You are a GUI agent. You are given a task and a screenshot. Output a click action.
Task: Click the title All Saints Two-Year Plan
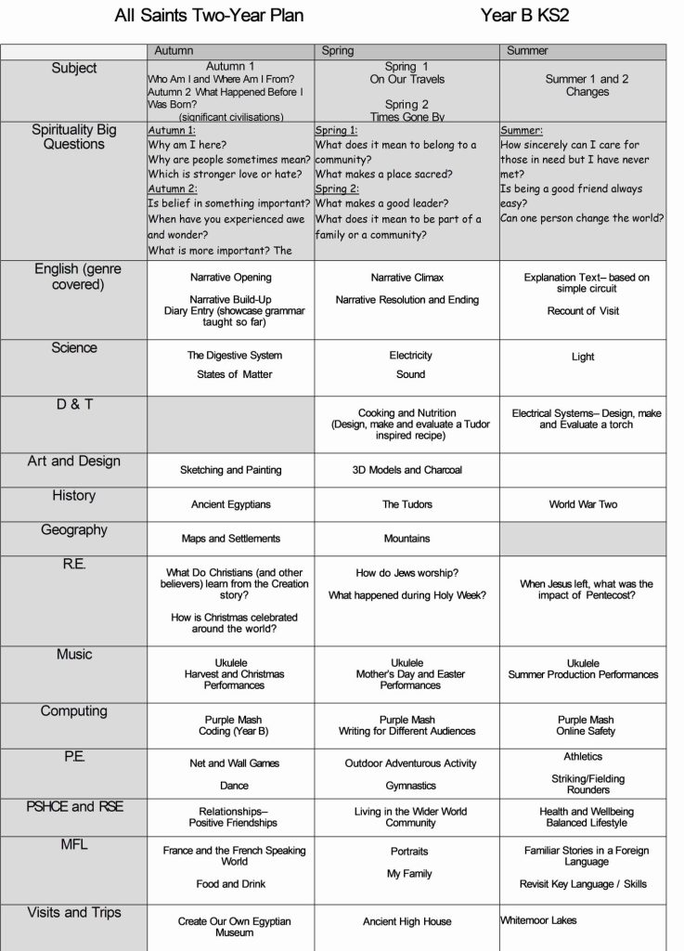(x=209, y=16)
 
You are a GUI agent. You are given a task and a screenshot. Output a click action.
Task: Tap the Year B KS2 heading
(x=525, y=16)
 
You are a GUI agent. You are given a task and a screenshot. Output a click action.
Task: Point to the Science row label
(x=74, y=348)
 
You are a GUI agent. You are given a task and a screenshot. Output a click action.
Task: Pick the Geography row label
(x=74, y=530)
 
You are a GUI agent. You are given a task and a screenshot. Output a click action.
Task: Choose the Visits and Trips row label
(x=74, y=913)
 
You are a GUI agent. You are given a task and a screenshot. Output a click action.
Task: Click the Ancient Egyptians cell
(x=231, y=504)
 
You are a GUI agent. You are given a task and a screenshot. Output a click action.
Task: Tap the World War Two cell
(x=583, y=504)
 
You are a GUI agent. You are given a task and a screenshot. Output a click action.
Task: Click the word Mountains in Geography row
(x=407, y=538)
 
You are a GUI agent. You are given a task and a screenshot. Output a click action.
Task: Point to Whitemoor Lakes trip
(x=538, y=920)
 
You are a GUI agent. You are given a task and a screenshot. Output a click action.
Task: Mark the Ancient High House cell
(x=407, y=921)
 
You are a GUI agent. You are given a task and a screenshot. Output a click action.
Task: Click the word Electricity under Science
(x=410, y=356)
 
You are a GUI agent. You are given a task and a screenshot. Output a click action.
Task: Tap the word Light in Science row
(x=583, y=357)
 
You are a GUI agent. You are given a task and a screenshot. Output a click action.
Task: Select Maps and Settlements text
(x=231, y=538)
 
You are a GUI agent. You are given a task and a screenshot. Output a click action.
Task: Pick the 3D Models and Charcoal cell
(x=407, y=470)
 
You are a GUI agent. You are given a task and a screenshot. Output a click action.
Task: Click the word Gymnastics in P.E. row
(x=410, y=786)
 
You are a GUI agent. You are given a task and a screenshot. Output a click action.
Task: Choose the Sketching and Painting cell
(x=231, y=470)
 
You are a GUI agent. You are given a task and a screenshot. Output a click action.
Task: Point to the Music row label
(x=74, y=655)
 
